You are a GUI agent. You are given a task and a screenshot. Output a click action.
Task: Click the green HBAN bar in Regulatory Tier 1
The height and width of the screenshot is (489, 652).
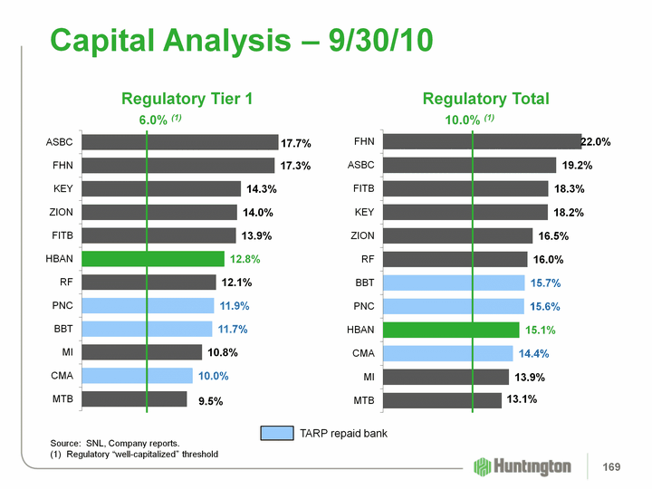pyautogui.click(x=152, y=259)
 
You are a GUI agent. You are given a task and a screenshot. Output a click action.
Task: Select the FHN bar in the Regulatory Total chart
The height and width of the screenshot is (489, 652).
pyautogui.click(x=482, y=141)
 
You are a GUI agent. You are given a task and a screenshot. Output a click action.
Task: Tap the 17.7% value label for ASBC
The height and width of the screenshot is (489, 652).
pyautogui.click(x=296, y=143)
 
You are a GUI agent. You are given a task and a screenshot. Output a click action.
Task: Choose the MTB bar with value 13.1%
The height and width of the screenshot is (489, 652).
pyautogui.click(x=442, y=399)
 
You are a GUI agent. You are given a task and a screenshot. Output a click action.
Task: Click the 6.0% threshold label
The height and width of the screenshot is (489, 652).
pyautogui.click(x=154, y=120)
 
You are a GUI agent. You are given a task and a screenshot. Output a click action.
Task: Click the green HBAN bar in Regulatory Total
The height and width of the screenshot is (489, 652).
pyautogui.click(x=451, y=329)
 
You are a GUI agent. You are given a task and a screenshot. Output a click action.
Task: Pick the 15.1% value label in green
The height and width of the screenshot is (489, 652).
pyautogui.click(x=540, y=330)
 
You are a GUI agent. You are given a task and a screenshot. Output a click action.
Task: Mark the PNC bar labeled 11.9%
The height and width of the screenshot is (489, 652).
pyautogui.click(x=147, y=305)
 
